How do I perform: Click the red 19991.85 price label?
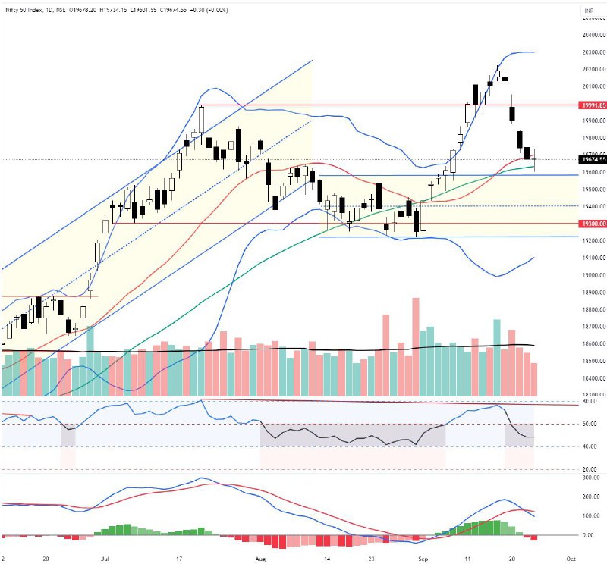(x=593, y=105)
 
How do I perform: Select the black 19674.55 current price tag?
(x=593, y=159)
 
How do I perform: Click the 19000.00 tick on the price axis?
(x=593, y=275)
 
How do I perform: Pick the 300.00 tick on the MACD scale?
(x=591, y=478)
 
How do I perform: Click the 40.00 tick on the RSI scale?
(x=590, y=446)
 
